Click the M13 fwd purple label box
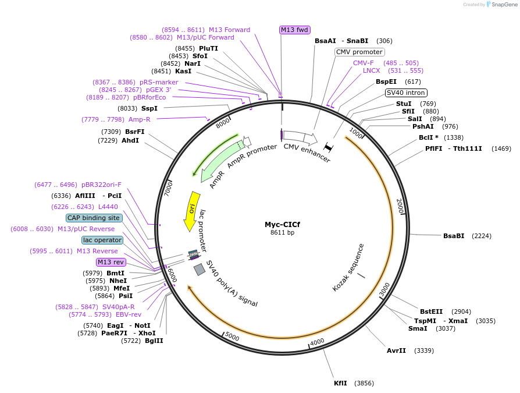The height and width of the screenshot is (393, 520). tap(294, 30)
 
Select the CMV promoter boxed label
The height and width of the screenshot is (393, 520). tap(359, 52)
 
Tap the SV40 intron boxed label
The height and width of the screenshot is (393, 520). tap(406, 93)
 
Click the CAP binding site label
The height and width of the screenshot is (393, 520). tap(94, 218)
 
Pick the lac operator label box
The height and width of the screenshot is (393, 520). tap(102, 240)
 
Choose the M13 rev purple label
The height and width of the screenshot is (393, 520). tap(111, 262)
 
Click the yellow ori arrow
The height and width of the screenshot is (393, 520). tap(190, 210)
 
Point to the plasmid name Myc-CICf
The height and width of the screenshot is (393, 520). tap(282, 224)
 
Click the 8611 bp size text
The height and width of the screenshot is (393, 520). tap(282, 233)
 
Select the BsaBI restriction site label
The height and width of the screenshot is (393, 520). tap(454, 236)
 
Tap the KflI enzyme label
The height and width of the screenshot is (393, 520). tap(340, 383)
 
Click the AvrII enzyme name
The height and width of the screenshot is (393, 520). tap(396, 350)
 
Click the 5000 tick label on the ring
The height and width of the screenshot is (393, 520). tap(231, 337)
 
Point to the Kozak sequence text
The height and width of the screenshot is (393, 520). tap(348, 268)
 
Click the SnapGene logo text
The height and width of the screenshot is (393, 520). tap(501, 5)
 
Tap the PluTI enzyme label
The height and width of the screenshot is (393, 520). tap(208, 48)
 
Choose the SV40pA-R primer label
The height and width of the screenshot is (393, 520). tap(118, 307)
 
